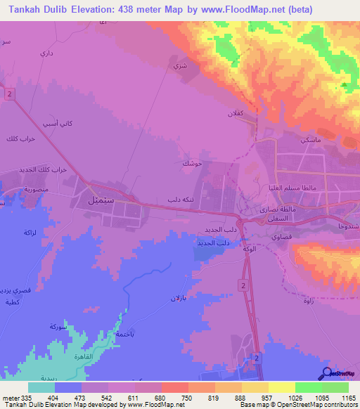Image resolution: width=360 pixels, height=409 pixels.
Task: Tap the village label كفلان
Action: (233, 113)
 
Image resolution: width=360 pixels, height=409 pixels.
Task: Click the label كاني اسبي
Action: (58, 124)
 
